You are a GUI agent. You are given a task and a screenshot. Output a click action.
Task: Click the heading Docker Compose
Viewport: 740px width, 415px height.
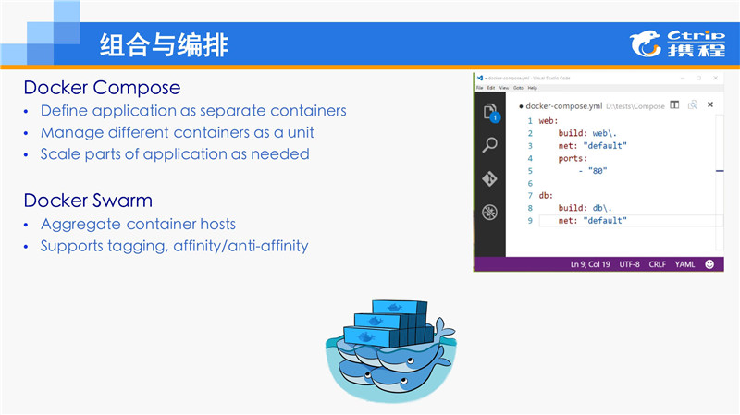coord(102,88)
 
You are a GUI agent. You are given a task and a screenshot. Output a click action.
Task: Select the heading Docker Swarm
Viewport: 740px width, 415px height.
coord(89,200)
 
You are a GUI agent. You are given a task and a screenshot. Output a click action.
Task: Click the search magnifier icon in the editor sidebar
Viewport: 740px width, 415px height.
coord(490,144)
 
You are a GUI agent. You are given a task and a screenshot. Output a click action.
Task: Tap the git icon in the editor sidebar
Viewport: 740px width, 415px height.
coord(490,179)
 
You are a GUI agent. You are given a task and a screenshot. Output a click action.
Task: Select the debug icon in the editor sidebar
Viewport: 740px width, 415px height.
coord(490,214)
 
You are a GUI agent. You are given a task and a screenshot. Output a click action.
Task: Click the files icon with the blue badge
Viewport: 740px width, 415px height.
coord(490,112)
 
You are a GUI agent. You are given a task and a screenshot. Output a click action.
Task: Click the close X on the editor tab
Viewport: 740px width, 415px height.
coord(708,105)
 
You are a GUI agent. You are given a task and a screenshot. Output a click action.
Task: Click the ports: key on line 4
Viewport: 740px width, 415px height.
coord(573,158)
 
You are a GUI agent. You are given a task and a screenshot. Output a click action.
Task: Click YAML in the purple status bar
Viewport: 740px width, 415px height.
coord(684,264)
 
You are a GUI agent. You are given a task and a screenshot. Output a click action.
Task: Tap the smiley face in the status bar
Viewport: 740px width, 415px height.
coord(709,264)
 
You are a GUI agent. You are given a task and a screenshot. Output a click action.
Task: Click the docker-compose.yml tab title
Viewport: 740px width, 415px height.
coord(564,106)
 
